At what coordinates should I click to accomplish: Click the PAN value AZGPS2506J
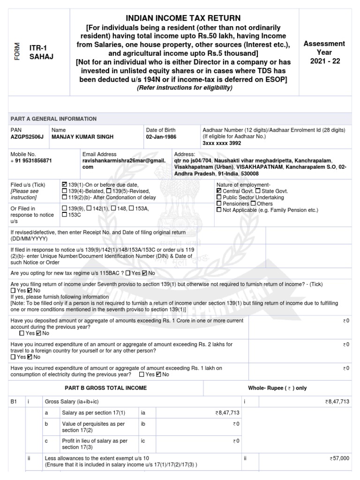(26, 137)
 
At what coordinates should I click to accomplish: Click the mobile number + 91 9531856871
(31, 160)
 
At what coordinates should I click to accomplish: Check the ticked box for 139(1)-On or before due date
(64, 185)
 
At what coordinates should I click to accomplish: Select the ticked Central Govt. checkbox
(219, 191)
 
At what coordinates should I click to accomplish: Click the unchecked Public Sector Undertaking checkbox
(219, 197)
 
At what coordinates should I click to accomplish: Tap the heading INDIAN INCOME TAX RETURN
(183, 18)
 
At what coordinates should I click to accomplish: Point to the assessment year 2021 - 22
(324, 61)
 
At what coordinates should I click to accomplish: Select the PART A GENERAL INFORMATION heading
(53, 119)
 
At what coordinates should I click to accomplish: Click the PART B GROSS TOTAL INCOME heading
(105, 388)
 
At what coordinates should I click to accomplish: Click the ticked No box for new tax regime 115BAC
(144, 273)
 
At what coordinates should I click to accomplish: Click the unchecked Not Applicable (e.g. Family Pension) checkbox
(219, 210)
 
